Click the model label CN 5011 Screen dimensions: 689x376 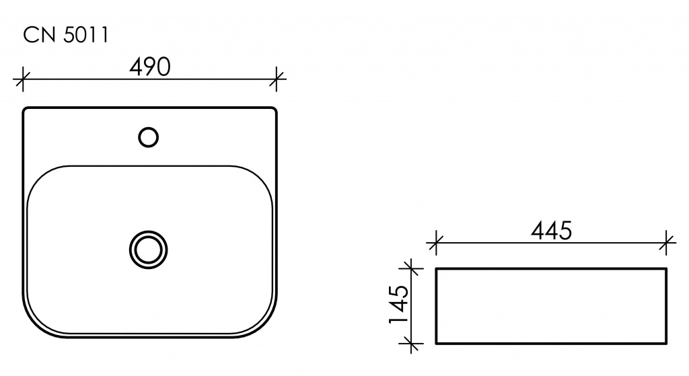tap(65, 35)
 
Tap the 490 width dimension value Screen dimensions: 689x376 tap(150, 67)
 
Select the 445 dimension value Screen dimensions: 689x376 tap(552, 231)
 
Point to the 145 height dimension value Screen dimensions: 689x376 tap(399, 305)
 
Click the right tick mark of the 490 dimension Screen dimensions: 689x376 tap(277, 79)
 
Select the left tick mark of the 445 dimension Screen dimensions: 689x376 tap(435, 242)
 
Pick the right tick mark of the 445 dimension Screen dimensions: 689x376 tap(667, 242)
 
